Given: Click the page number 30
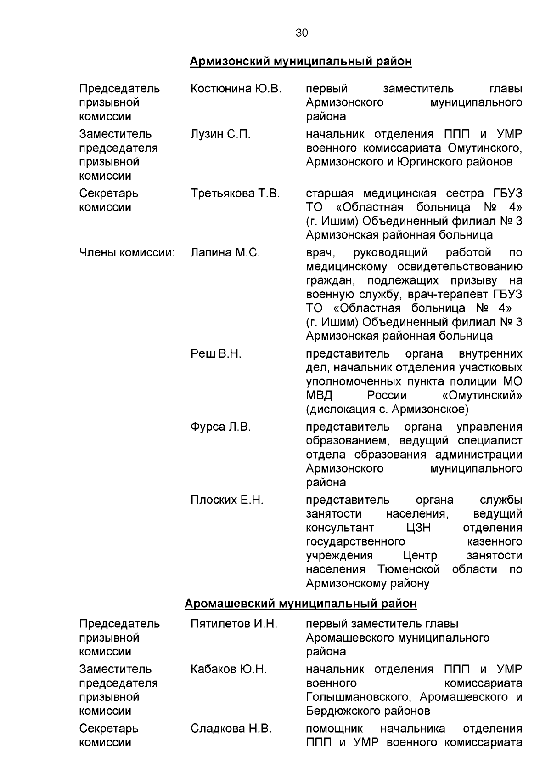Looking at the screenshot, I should [302, 33].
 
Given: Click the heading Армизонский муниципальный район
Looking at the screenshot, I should [301, 61].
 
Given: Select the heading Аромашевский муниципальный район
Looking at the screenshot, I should [301, 603].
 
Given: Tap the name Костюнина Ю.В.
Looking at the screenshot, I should [236, 89].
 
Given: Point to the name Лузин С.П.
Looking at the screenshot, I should [220, 134].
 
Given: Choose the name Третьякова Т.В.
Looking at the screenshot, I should [235, 194].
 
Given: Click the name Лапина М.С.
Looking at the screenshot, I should [225, 253].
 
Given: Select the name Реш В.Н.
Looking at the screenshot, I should [216, 354].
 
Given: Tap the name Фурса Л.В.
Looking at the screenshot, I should [220, 427].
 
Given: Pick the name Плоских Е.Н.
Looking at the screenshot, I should [227, 500].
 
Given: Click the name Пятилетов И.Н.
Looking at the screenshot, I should [234, 624].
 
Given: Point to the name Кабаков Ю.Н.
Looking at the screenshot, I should [229, 669].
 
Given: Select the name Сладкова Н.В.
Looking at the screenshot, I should [231, 729].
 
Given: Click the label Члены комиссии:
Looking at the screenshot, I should [127, 253].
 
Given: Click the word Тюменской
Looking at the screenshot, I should [409, 569].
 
